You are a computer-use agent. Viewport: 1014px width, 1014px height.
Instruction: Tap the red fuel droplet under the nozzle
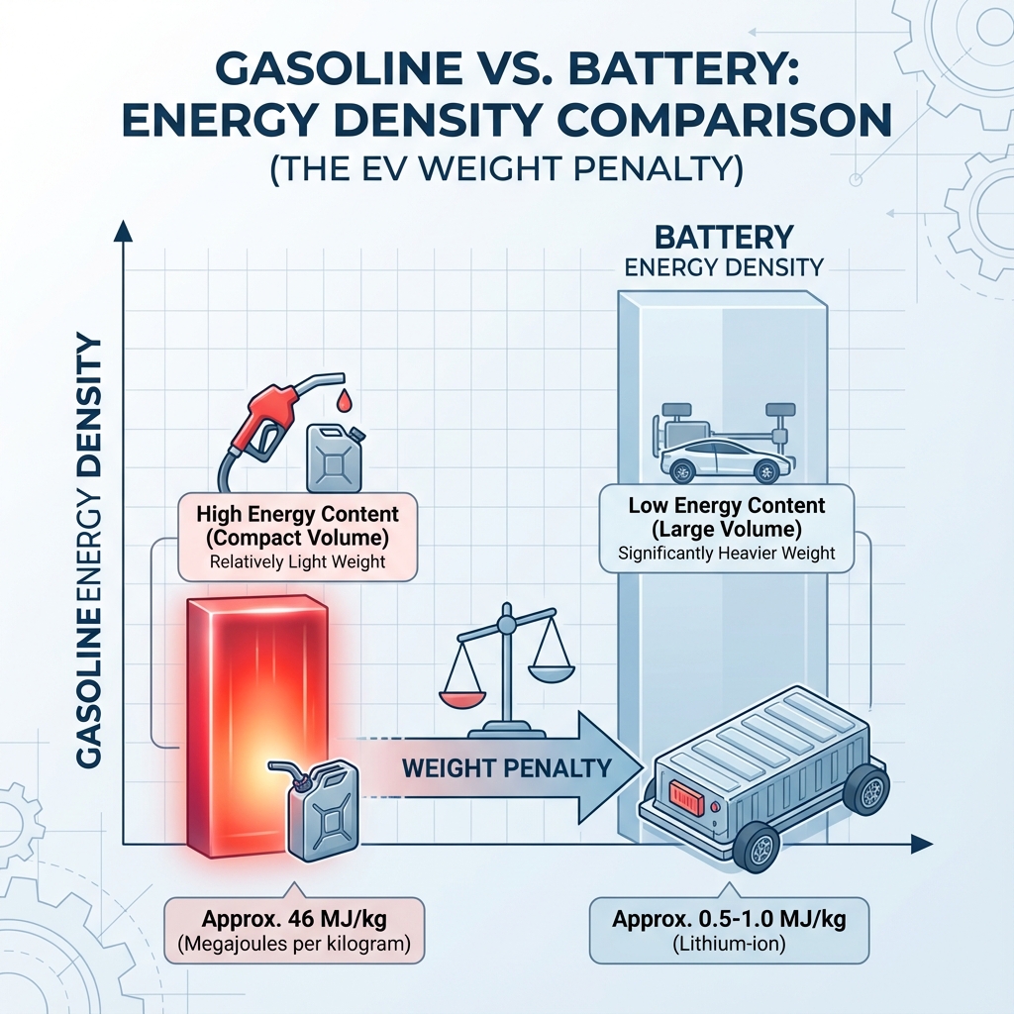coord(344,400)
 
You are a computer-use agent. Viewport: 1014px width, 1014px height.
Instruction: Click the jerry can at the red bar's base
coord(323,807)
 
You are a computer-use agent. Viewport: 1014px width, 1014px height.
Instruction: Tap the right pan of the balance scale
coord(552,671)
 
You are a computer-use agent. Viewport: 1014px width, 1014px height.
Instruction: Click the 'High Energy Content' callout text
coord(297,515)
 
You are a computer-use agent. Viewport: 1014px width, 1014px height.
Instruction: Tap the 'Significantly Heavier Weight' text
coord(727,554)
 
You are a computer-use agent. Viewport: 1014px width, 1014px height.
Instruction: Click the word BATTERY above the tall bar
coord(724,238)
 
